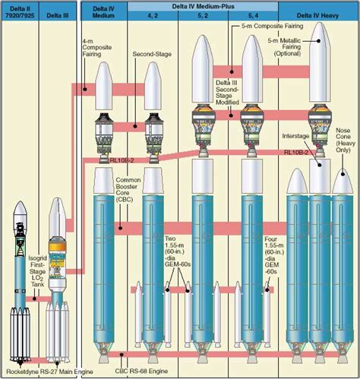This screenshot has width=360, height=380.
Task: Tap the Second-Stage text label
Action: (x=149, y=55)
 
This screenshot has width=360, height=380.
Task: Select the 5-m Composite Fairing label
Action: (x=271, y=24)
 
